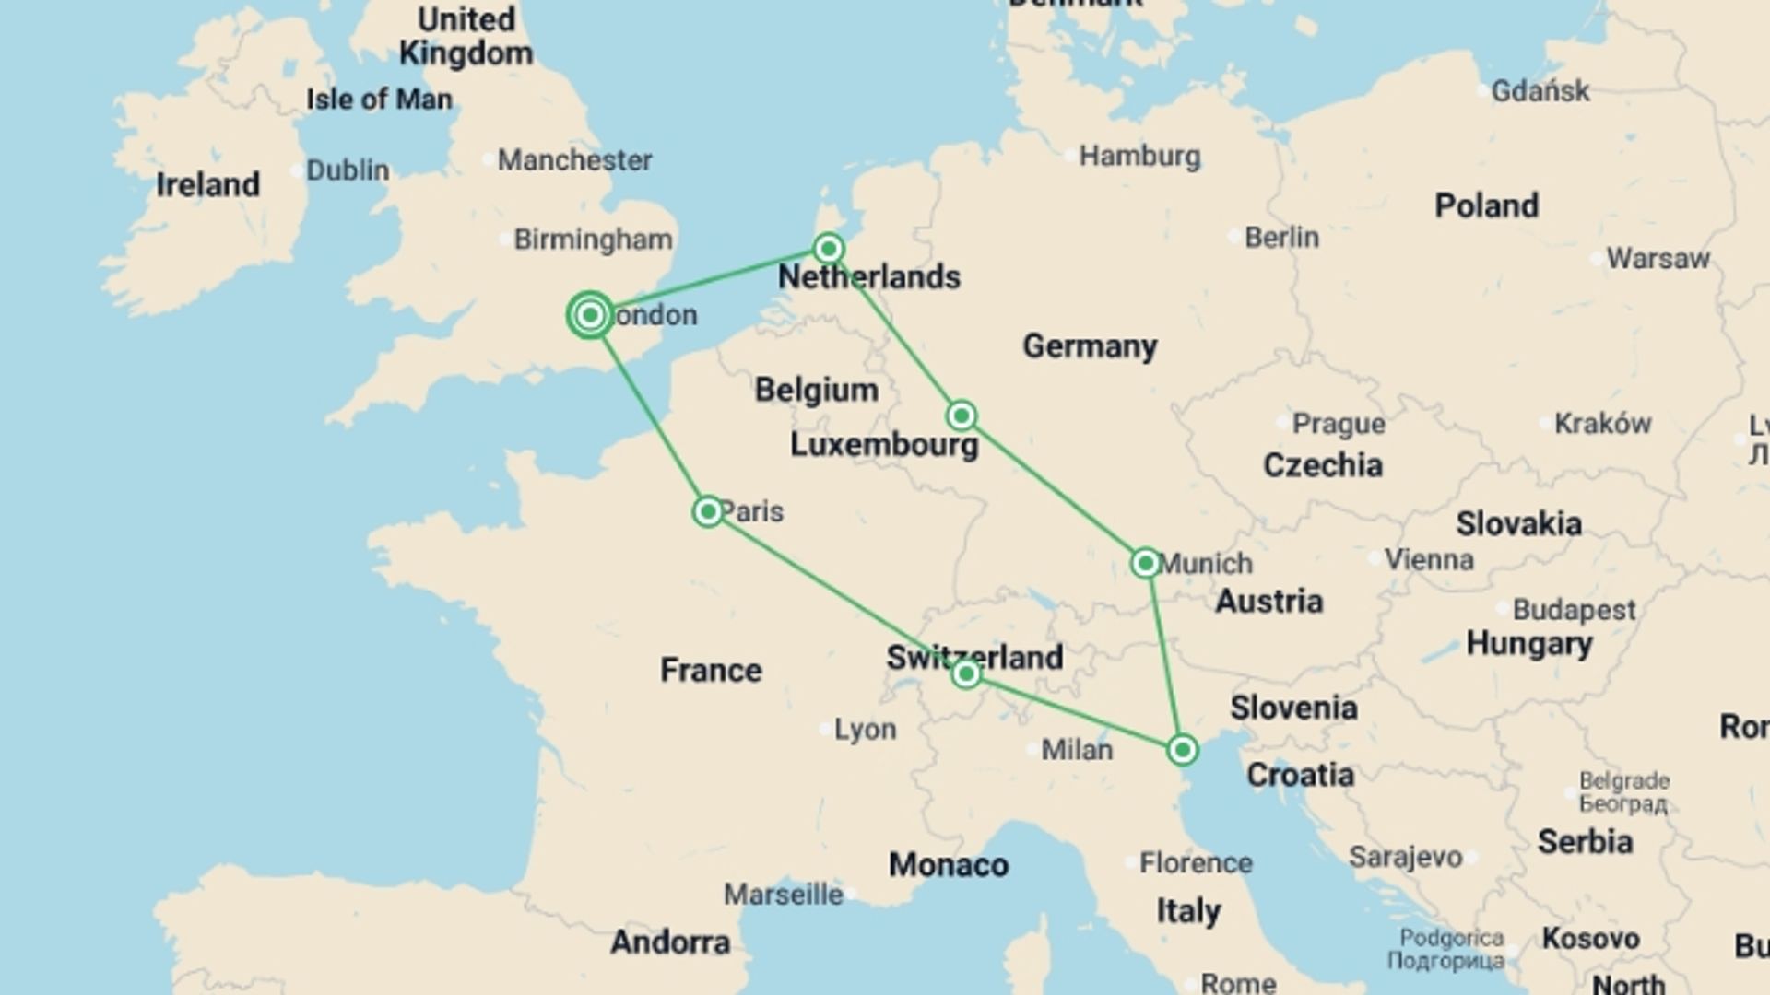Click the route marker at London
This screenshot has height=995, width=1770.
click(x=590, y=316)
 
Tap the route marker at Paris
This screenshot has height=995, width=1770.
click(x=708, y=511)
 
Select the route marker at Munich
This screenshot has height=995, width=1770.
click(x=1145, y=563)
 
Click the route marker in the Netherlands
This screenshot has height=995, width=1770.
click(x=829, y=249)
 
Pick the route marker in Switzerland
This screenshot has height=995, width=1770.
click(x=965, y=674)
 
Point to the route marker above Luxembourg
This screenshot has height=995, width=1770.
click(x=961, y=416)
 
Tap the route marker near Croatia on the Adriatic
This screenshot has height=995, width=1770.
click(x=1182, y=750)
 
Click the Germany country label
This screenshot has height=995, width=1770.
click(x=1090, y=346)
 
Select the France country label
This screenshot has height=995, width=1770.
click(x=711, y=670)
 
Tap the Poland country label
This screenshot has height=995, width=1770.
click(x=1486, y=205)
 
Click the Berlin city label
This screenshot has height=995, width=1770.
click(x=1281, y=238)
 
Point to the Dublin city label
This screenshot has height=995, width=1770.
click(x=348, y=170)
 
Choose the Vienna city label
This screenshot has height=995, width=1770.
click(x=1429, y=559)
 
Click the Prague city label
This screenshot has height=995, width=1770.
click(x=1338, y=424)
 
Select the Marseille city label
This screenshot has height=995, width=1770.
click(x=783, y=894)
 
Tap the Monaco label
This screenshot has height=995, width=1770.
click(x=948, y=865)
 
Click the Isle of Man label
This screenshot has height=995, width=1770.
click(x=379, y=99)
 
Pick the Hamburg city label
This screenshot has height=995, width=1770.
click(x=1139, y=157)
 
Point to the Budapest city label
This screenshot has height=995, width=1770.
click(x=1574, y=610)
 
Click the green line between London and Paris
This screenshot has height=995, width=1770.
click(x=649, y=414)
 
